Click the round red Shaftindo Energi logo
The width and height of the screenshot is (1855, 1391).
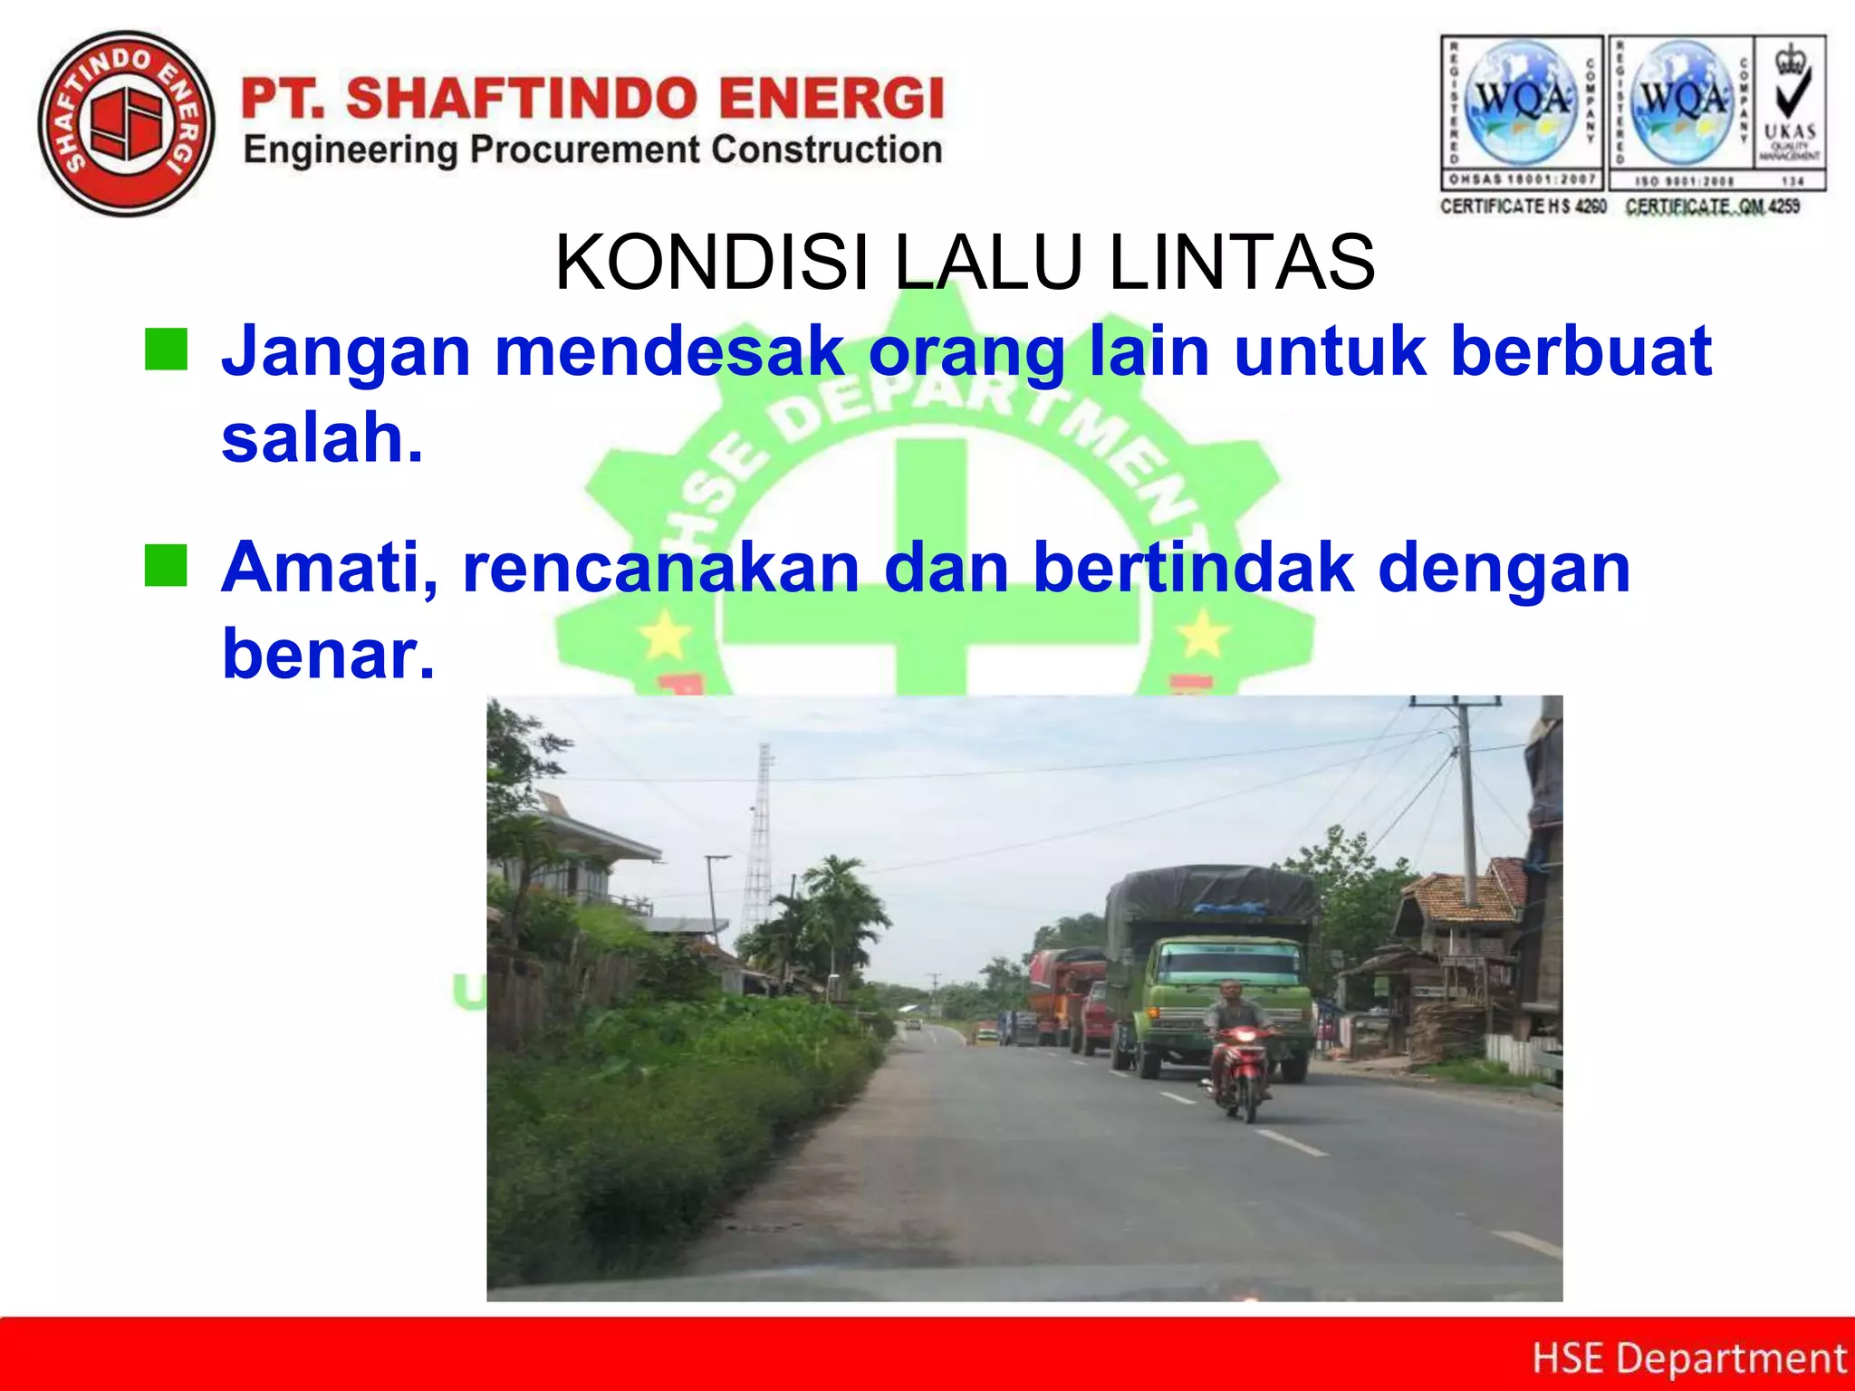point(127,125)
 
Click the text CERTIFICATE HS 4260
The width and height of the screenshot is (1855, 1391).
point(1523,206)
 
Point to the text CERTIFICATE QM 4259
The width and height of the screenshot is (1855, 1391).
point(1712,206)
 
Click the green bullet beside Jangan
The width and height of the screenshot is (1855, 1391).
point(166,350)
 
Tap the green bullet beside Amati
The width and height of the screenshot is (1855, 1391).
point(166,566)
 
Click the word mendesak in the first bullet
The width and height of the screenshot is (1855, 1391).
point(669,351)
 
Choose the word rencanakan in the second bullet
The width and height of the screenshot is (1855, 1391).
point(661,568)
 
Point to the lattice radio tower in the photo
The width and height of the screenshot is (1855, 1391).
point(759,842)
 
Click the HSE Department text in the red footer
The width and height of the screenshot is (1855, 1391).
point(1688,1358)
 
